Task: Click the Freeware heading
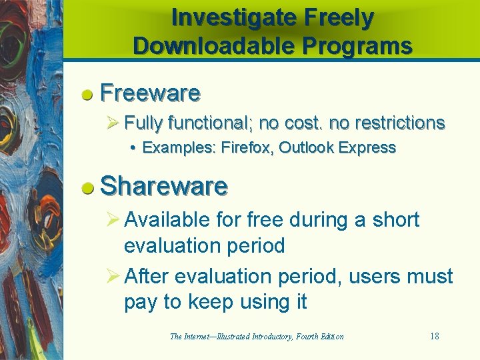[x=150, y=93]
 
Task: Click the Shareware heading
[x=164, y=186]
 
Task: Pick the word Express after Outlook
[x=367, y=147]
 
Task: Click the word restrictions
[x=399, y=123]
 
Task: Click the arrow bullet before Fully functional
[x=113, y=123]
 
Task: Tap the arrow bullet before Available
[x=113, y=219]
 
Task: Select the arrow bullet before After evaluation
[x=113, y=276]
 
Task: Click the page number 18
[x=434, y=336]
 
